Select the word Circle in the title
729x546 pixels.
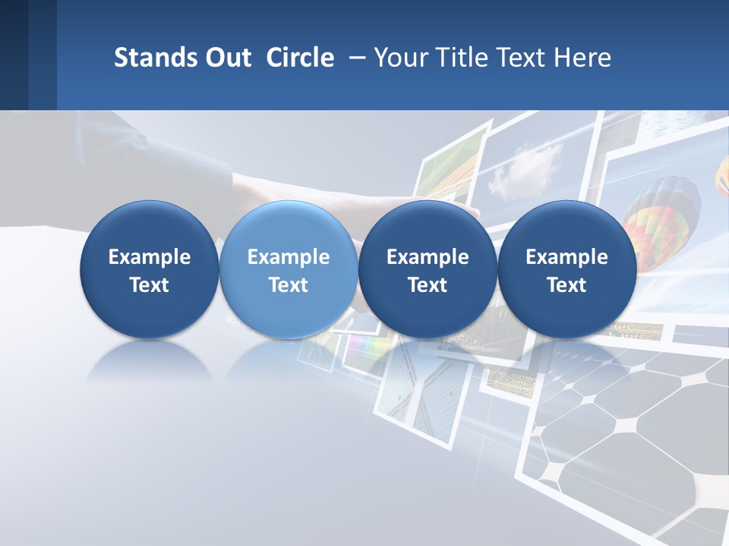(300, 58)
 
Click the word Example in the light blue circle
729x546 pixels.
(289, 257)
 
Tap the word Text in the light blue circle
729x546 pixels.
(289, 285)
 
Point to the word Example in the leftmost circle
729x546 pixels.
(150, 257)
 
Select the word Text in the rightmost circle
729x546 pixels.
(566, 285)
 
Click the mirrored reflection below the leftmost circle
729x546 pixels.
(150, 361)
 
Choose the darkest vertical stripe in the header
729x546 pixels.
(14, 55)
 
